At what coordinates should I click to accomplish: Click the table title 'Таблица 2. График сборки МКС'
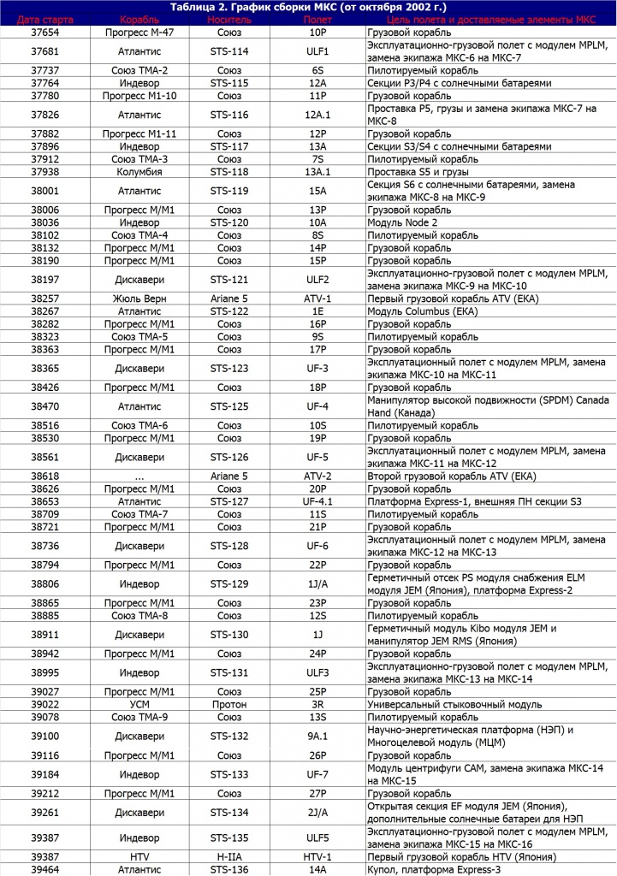(308, 7)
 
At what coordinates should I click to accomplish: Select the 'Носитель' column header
(228, 19)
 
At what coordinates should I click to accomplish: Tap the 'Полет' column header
(317, 19)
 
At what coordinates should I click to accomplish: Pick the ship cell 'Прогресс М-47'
(140, 32)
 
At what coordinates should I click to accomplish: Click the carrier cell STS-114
(228, 51)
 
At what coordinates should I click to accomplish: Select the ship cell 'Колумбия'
(140, 171)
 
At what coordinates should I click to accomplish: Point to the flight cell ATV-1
(317, 299)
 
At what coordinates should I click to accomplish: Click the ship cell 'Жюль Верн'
(140, 299)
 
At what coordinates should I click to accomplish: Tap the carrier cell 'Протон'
(228, 704)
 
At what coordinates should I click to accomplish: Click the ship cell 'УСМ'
(140, 704)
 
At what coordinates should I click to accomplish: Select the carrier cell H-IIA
(228, 856)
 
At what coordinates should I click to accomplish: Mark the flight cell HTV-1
(317, 856)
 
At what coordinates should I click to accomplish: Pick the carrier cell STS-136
(228, 869)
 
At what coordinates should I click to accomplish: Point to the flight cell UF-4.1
(317, 501)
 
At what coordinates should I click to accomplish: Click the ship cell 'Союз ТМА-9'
(140, 717)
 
